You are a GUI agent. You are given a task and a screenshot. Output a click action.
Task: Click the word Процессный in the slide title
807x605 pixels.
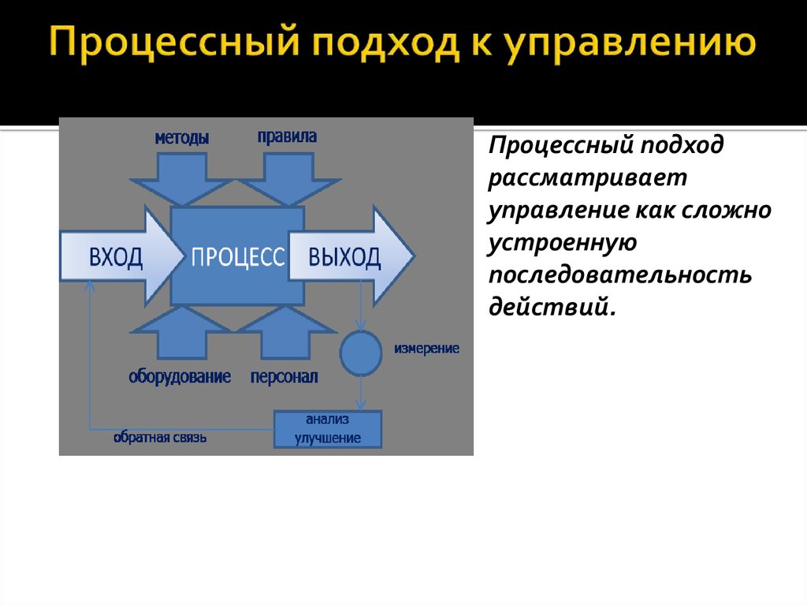tap(170, 47)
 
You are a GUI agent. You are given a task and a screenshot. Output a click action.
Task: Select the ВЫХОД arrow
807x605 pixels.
tap(348, 257)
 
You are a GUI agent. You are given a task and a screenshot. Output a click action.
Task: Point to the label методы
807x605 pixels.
tap(181, 138)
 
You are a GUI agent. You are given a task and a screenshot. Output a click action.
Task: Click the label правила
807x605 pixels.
tap(287, 136)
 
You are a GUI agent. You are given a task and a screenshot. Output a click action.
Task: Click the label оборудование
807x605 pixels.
tap(180, 377)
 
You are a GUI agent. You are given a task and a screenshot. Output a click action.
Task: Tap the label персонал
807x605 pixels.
tap(284, 377)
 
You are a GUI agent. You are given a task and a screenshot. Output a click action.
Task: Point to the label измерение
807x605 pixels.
tap(427, 348)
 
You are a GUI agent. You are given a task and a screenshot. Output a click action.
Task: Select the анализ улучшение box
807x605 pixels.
tap(328, 430)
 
